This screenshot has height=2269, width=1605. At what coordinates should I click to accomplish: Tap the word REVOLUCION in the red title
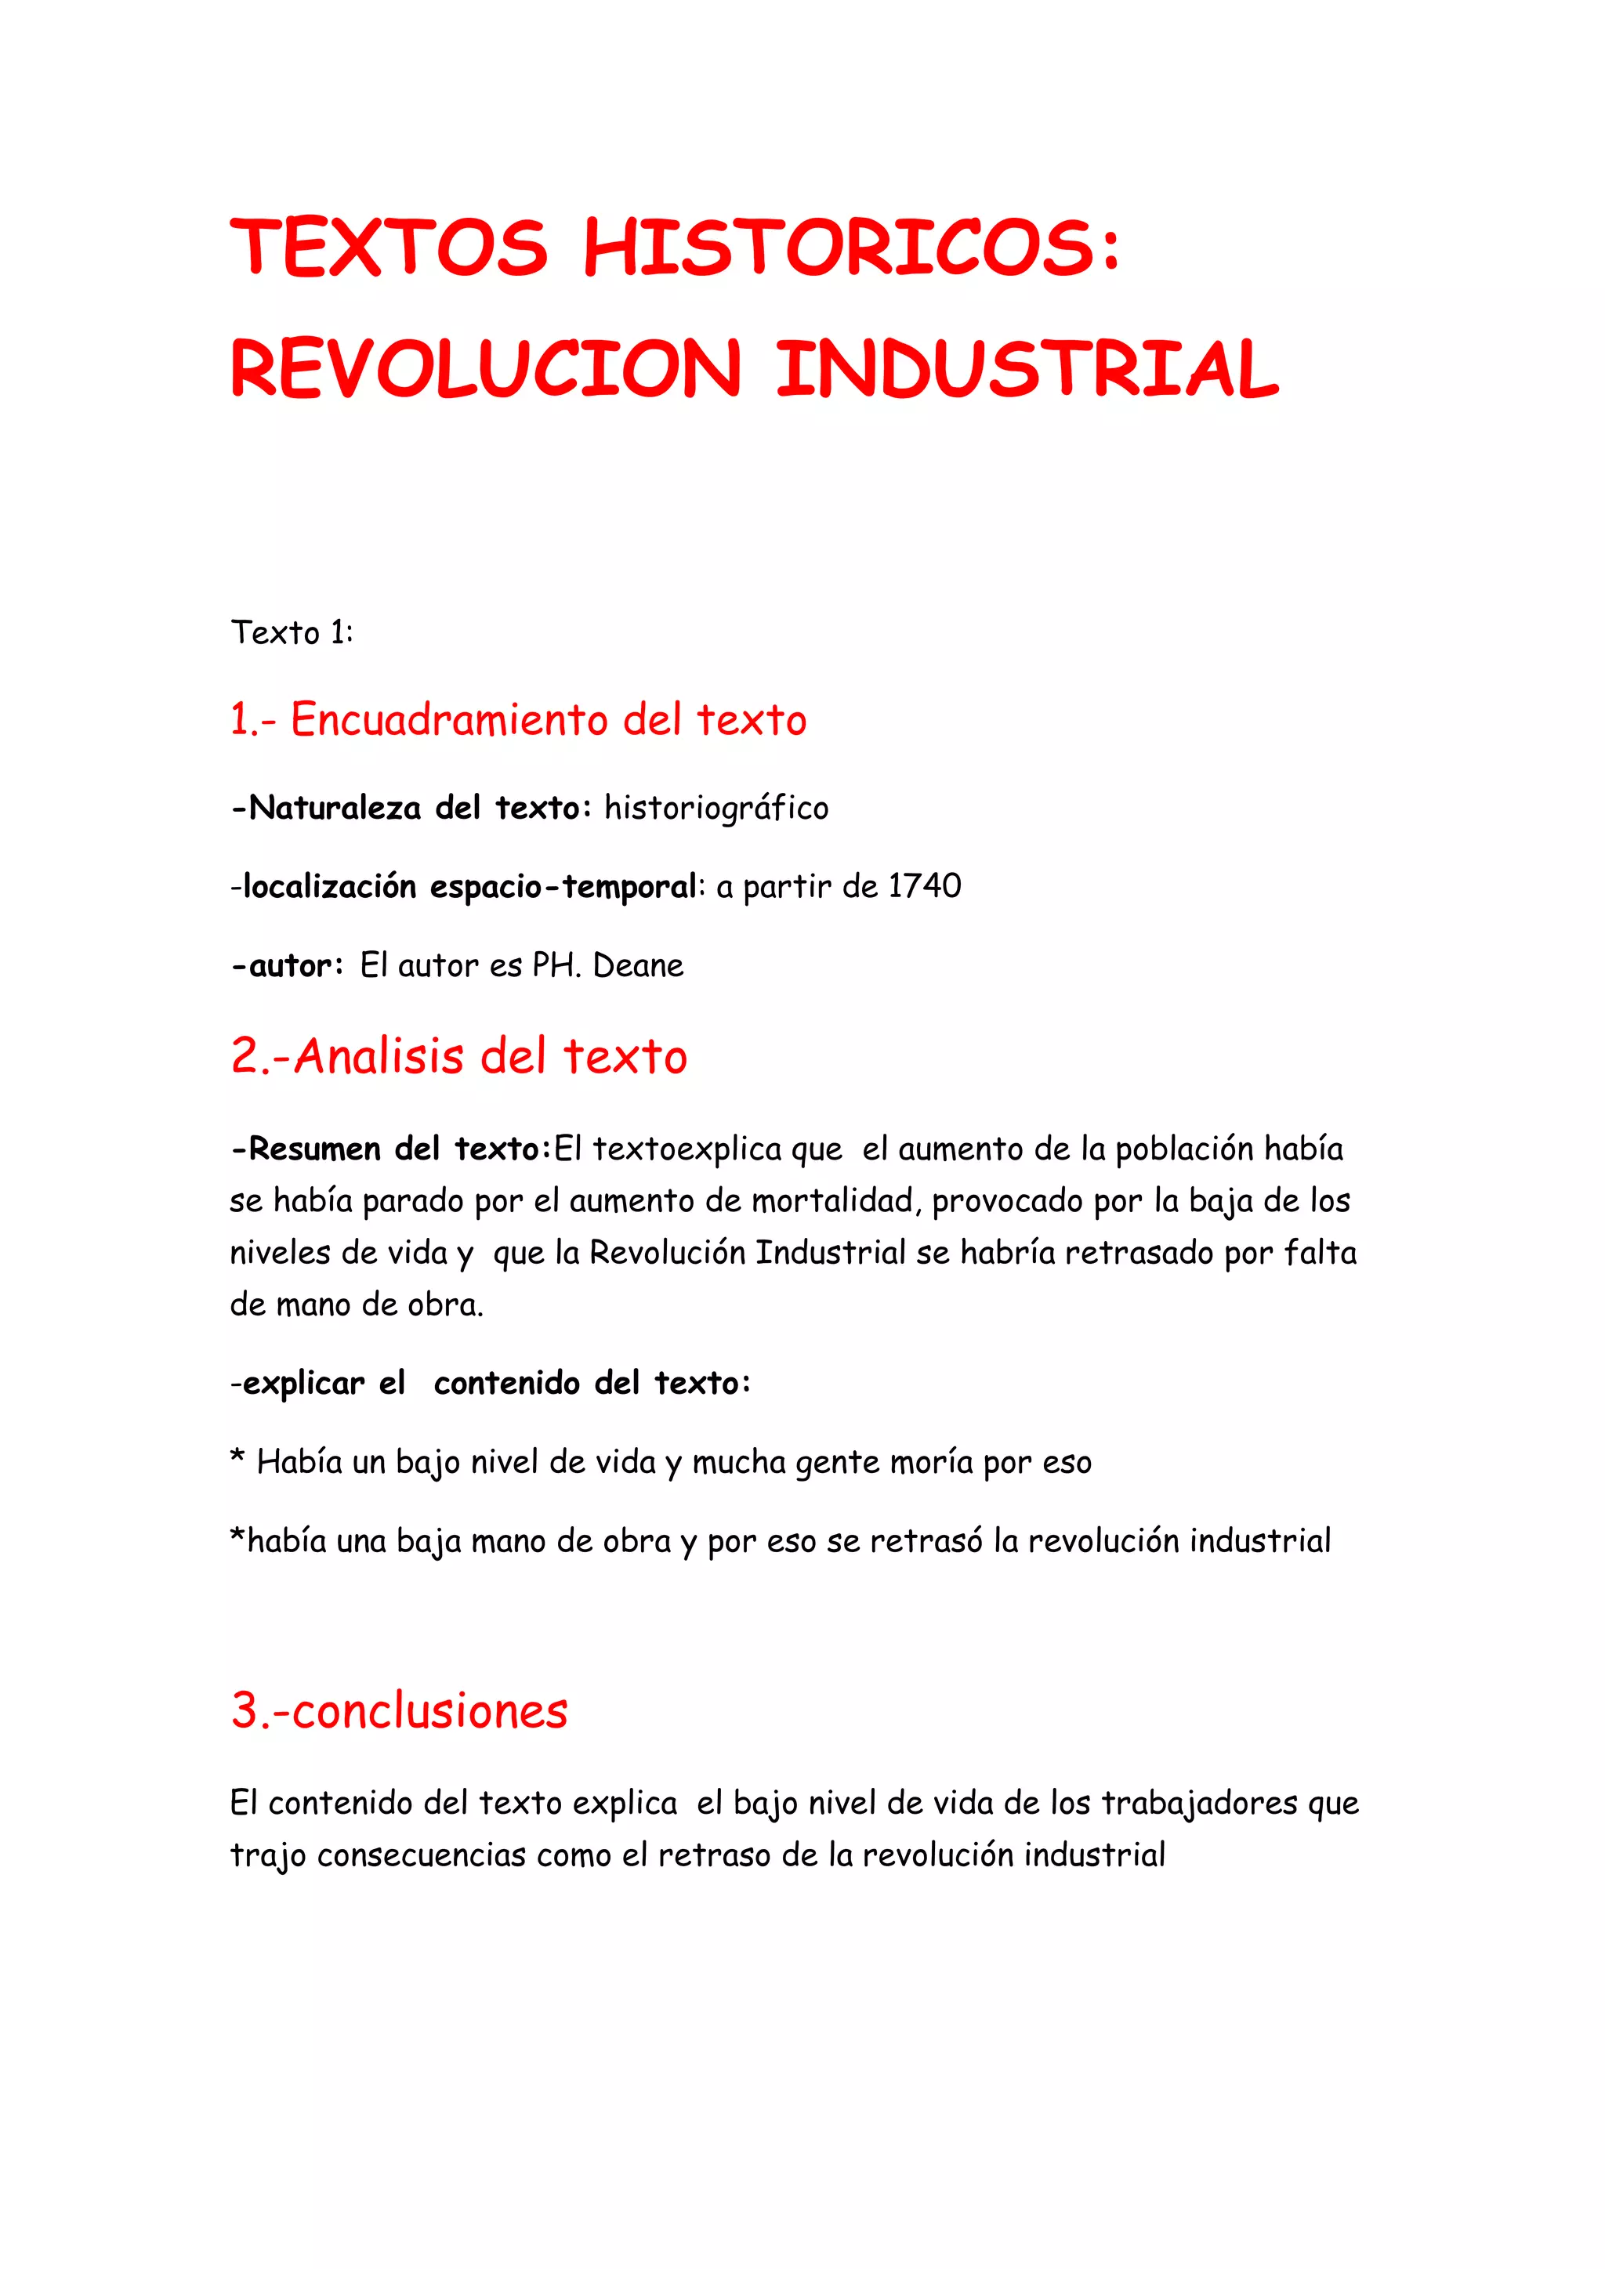click(x=485, y=368)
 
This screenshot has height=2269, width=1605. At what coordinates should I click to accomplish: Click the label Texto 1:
click(x=292, y=632)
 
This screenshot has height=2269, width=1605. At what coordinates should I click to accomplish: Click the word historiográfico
click(x=716, y=809)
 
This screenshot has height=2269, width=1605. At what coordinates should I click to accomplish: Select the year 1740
click(x=924, y=885)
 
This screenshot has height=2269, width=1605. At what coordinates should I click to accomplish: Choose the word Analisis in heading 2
click(x=379, y=1056)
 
